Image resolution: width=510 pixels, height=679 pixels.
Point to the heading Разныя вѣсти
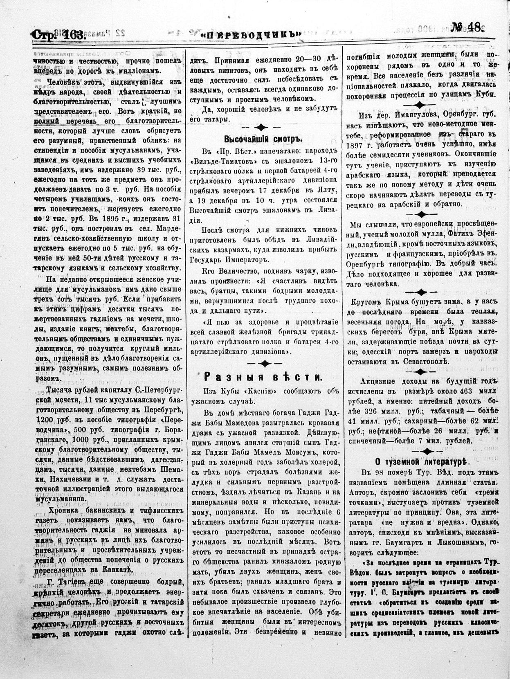263,377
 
